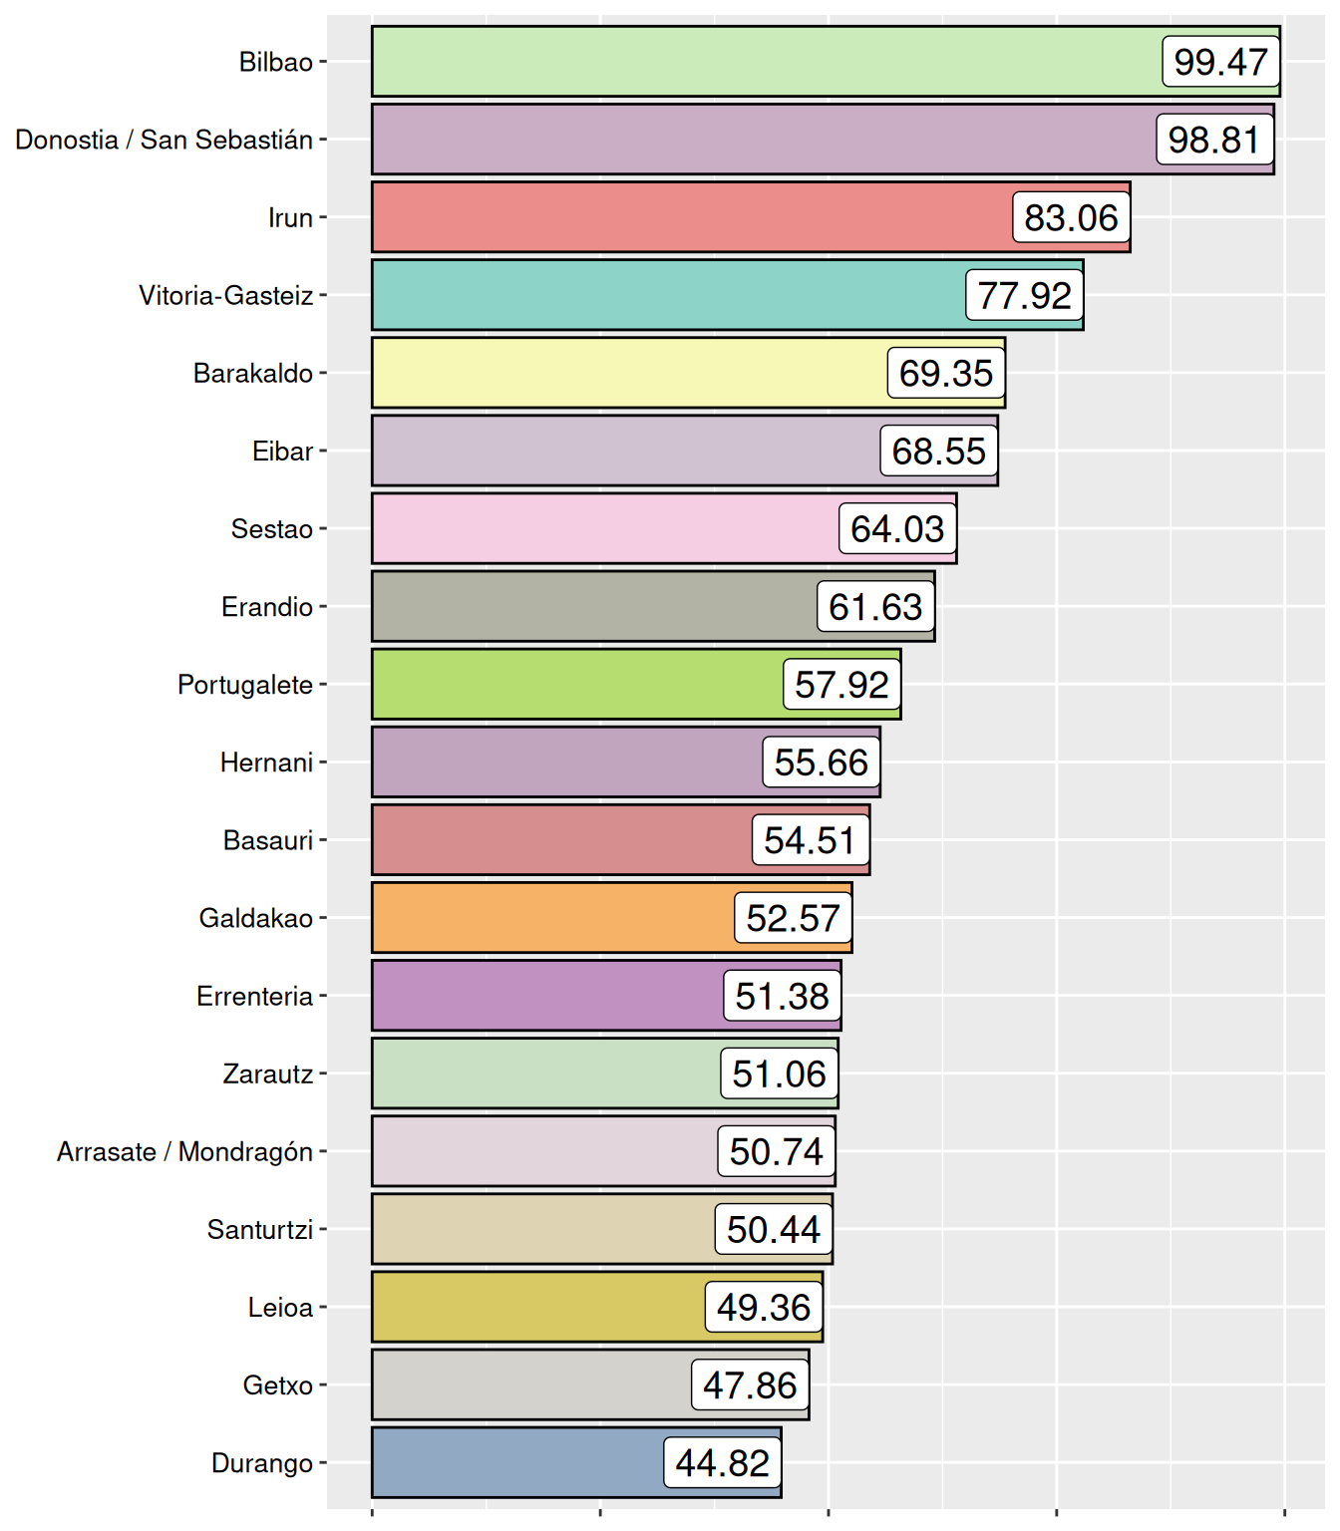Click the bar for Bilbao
click(x=758, y=62)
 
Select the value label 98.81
click(x=1214, y=140)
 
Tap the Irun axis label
click(x=290, y=217)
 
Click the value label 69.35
click(x=946, y=373)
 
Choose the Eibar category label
click(x=282, y=452)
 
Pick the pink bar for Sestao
click(x=598, y=528)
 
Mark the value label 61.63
click(x=875, y=607)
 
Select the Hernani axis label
click(x=266, y=763)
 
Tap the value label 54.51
click(x=810, y=840)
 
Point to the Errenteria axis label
click(x=254, y=996)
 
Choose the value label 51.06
click(x=779, y=1073)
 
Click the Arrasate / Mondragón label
click(x=184, y=1151)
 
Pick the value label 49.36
click(x=764, y=1307)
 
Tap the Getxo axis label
click(x=277, y=1385)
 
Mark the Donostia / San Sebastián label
click(x=164, y=140)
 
